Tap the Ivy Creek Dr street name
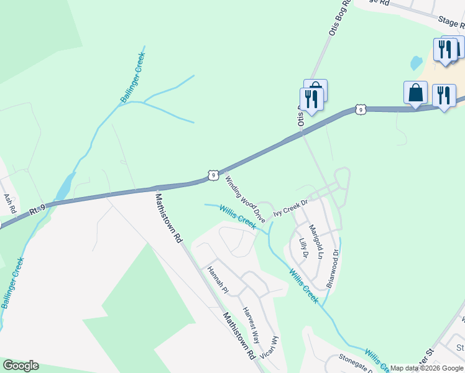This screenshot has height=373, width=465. click(291, 207)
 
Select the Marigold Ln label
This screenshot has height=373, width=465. click(317, 242)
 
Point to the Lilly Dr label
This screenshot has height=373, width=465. click(303, 247)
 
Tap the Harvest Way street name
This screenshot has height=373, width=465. click(251, 325)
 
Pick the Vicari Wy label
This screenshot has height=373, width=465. click(272, 349)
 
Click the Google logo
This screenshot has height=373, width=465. click(21, 366)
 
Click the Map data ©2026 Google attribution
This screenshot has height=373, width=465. click(426, 368)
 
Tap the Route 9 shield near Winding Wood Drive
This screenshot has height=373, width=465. click(213, 176)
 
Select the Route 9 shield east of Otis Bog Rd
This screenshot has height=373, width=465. click(361, 109)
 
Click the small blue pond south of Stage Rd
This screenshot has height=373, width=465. click(416, 63)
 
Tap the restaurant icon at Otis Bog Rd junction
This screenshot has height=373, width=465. click(311, 99)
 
